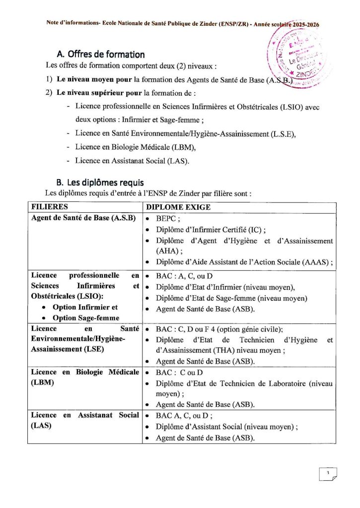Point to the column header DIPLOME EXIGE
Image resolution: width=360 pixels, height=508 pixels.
coord(179,207)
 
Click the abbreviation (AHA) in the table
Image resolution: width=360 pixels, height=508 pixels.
coord(167,251)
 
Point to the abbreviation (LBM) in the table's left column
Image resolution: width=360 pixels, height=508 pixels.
coord(43,383)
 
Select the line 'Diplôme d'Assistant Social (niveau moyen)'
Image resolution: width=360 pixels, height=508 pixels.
coord(226,427)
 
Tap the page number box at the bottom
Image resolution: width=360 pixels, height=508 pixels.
coord(328,475)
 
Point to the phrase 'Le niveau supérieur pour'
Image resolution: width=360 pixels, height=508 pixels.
coord(99,93)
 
